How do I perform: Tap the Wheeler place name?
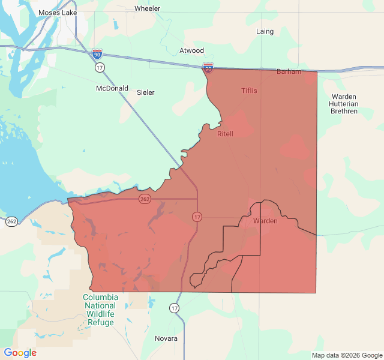147,8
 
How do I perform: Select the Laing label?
265,31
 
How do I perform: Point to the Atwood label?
192,50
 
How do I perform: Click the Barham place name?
289,71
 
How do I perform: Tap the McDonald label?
112,88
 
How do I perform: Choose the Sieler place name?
146,92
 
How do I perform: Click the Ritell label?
225,133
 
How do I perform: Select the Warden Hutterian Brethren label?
343,104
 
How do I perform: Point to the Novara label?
166,338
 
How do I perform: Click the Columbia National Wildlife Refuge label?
100,310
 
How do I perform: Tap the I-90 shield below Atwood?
208,68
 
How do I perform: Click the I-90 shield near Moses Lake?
97,54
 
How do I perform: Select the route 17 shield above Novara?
174,308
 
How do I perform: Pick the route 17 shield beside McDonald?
100,68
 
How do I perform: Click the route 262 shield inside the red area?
145,199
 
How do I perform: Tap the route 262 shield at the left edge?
12,221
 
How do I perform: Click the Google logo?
20,353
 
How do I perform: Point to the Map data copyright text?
346,355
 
